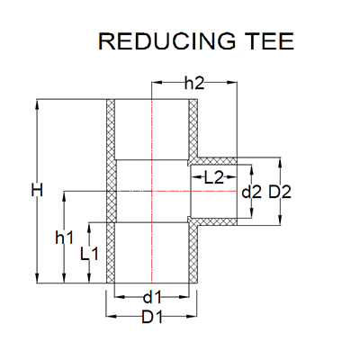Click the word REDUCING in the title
(x=158, y=42)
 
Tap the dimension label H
(x=35, y=191)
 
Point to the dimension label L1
(x=88, y=253)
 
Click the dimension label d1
(x=152, y=295)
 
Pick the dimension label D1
(x=152, y=317)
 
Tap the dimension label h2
(x=194, y=83)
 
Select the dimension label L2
(x=213, y=177)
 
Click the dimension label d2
(x=252, y=191)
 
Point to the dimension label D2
(x=280, y=191)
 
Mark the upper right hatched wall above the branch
(x=193, y=130)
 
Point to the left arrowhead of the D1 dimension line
(x=111, y=317)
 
